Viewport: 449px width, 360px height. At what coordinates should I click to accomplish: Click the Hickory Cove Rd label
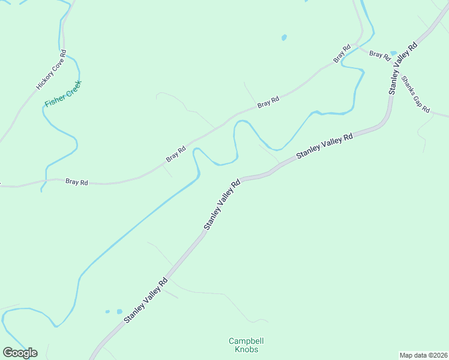(50, 69)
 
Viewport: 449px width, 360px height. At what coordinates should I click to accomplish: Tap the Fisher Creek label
(62, 94)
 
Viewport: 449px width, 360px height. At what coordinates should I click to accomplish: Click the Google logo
(20, 353)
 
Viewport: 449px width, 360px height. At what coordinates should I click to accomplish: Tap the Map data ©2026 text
(423, 355)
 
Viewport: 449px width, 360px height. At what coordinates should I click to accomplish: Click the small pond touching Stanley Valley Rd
(393, 53)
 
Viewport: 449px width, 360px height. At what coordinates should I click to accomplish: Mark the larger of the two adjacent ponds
(119, 312)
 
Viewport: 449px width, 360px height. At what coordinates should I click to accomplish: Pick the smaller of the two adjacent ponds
(108, 312)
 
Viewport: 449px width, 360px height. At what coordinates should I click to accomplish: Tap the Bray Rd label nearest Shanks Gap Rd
(379, 54)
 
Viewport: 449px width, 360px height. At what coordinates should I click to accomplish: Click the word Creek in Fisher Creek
(71, 88)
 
